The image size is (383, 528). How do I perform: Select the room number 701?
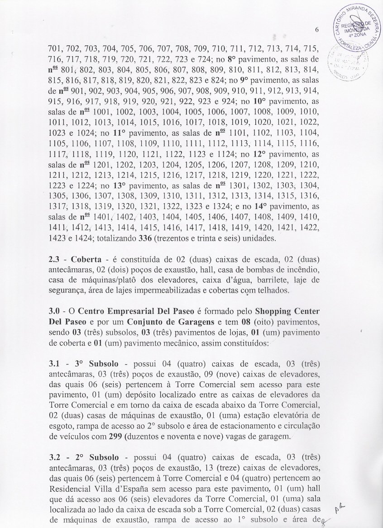(56, 49)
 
